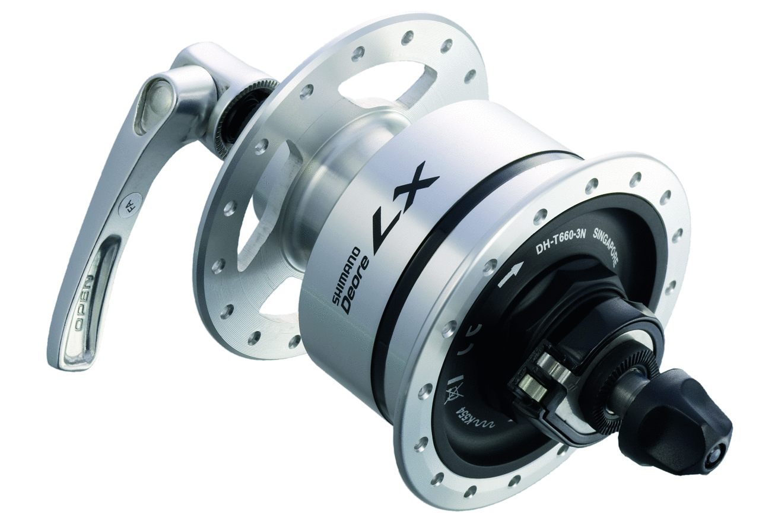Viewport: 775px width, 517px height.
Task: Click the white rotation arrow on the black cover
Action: pyautogui.click(x=510, y=275)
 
